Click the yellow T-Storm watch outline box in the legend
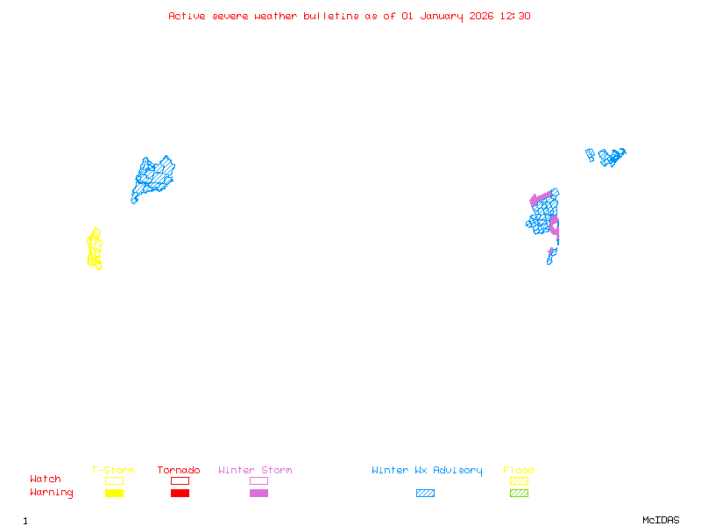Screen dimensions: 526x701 114,480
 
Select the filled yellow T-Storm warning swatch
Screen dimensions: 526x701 114,493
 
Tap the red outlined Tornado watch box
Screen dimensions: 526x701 180,480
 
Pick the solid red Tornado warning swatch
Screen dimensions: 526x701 180,493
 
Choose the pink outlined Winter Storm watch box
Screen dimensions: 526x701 258,480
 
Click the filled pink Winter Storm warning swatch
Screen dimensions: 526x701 258,493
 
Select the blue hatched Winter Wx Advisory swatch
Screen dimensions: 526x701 425,493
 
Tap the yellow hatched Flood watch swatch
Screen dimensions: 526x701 519,480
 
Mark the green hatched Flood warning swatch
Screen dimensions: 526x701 519,493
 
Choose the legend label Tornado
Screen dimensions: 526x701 179,470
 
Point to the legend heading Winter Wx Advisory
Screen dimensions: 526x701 427,470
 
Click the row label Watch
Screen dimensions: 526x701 46,480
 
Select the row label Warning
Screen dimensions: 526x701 51,493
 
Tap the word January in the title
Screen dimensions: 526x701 442,16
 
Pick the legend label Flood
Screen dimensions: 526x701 519,470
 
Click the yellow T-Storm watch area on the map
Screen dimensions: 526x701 95,249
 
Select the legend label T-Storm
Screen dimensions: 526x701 113,470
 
